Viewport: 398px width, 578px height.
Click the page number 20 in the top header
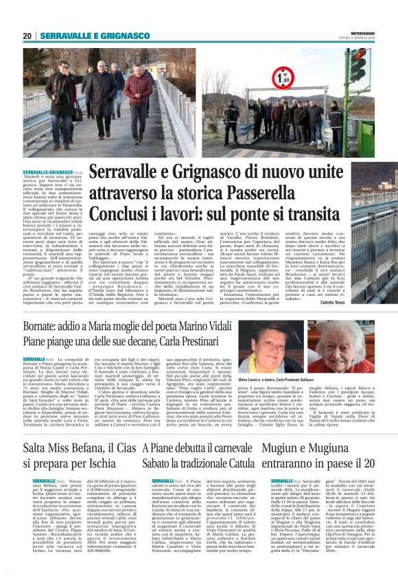[27, 36]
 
